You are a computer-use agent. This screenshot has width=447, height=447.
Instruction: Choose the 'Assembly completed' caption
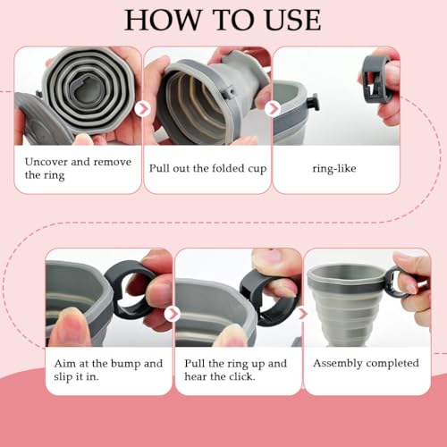[365, 364]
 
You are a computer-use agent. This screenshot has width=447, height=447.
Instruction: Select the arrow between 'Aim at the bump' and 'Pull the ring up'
[173, 313]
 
